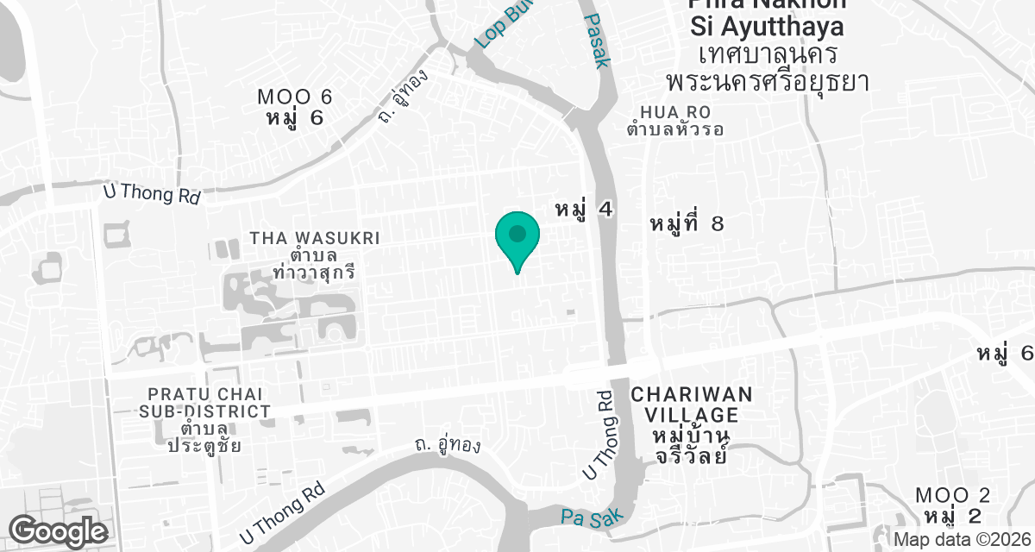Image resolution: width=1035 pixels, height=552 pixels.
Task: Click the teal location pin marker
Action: (517, 236)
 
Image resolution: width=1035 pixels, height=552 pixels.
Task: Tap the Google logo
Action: (59, 530)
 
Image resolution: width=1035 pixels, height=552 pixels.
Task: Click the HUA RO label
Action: (674, 112)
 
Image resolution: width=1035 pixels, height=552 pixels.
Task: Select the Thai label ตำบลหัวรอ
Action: (675, 130)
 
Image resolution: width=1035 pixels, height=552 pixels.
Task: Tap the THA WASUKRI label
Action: (314, 237)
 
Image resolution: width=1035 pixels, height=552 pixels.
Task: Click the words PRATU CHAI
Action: (205, 394)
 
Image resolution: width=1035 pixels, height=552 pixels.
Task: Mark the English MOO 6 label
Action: (295, 97)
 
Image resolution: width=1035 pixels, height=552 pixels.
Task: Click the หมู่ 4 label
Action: (584, 209)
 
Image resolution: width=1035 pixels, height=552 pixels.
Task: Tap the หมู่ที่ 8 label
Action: (686, 224)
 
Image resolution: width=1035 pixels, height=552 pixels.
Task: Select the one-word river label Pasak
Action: (598, 40)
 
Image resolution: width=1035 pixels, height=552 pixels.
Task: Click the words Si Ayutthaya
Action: (767, 28)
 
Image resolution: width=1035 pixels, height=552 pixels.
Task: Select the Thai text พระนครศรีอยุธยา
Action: (766, 82)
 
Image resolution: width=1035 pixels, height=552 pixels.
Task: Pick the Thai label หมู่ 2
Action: (952, 516)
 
